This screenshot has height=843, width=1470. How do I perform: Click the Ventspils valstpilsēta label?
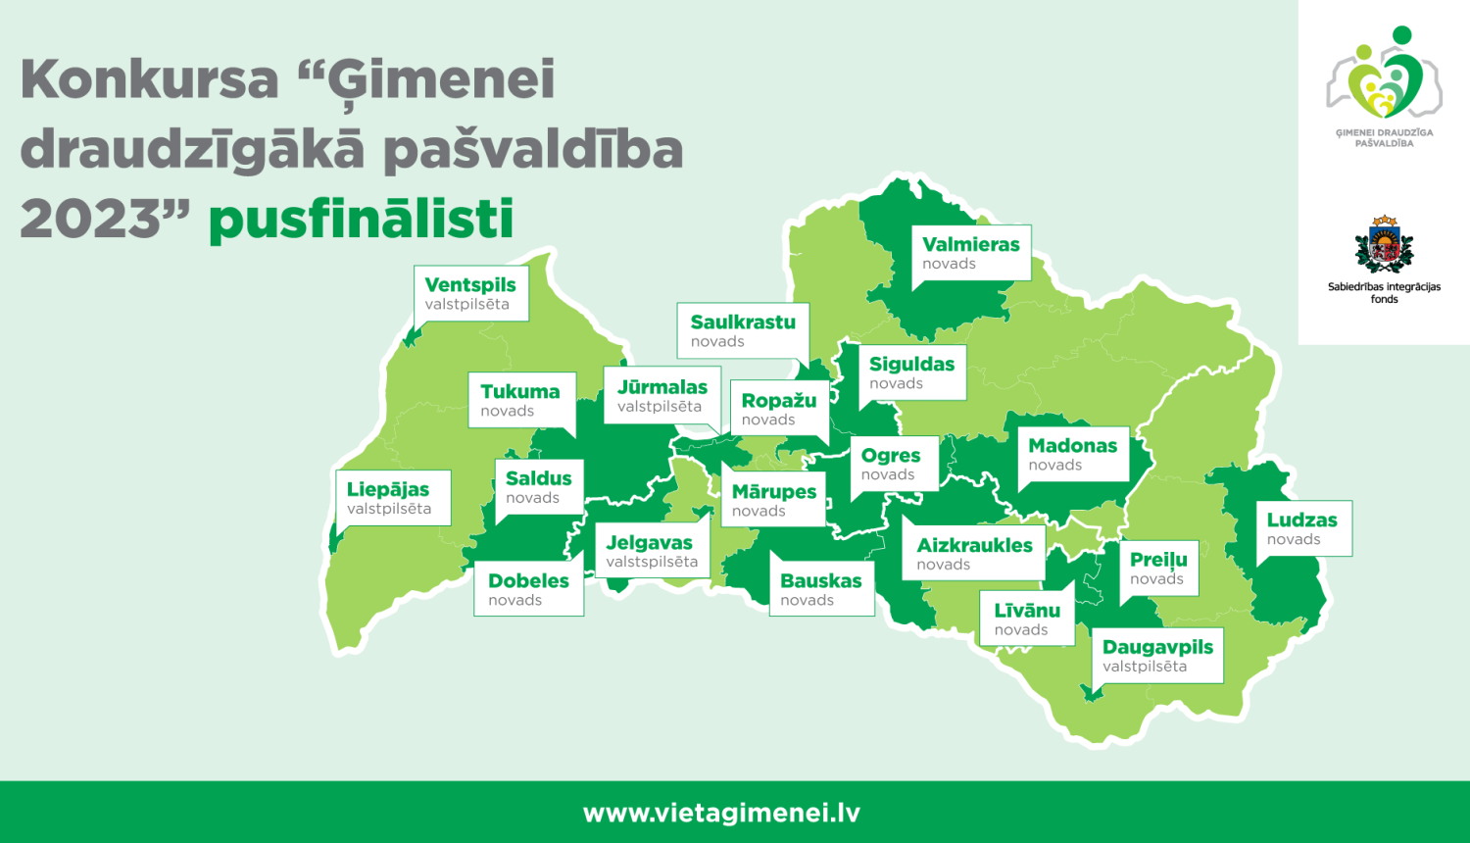(470, 293)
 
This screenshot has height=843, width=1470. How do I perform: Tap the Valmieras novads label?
(970, 253)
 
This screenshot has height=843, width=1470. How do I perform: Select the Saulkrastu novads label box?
(743, 330)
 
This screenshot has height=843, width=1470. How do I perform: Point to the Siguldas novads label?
(911, 372)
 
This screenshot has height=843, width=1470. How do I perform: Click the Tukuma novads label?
(520, 400)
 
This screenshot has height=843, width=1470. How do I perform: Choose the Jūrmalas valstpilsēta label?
(662, 395)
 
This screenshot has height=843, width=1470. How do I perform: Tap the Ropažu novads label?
(779, 409)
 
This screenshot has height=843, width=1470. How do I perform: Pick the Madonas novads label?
(1072, 454)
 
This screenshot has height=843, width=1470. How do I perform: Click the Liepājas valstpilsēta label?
(390, 498)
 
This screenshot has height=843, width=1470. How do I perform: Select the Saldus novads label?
(539, 487)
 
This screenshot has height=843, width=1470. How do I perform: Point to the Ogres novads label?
(891, 464)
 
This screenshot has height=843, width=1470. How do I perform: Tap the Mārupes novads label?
(774, 500)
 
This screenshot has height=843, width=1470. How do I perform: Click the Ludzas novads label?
(1302, 528)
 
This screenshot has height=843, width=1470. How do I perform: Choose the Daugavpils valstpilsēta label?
(1157, 655)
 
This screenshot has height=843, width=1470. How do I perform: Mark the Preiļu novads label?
(1158, 568)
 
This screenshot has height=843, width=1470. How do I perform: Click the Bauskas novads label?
(821, 589)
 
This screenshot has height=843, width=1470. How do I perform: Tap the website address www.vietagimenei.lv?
(721, 813)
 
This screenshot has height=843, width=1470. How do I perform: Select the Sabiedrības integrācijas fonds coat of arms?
(1384, 245)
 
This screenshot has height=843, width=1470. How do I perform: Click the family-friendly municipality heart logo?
(1384, 78)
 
